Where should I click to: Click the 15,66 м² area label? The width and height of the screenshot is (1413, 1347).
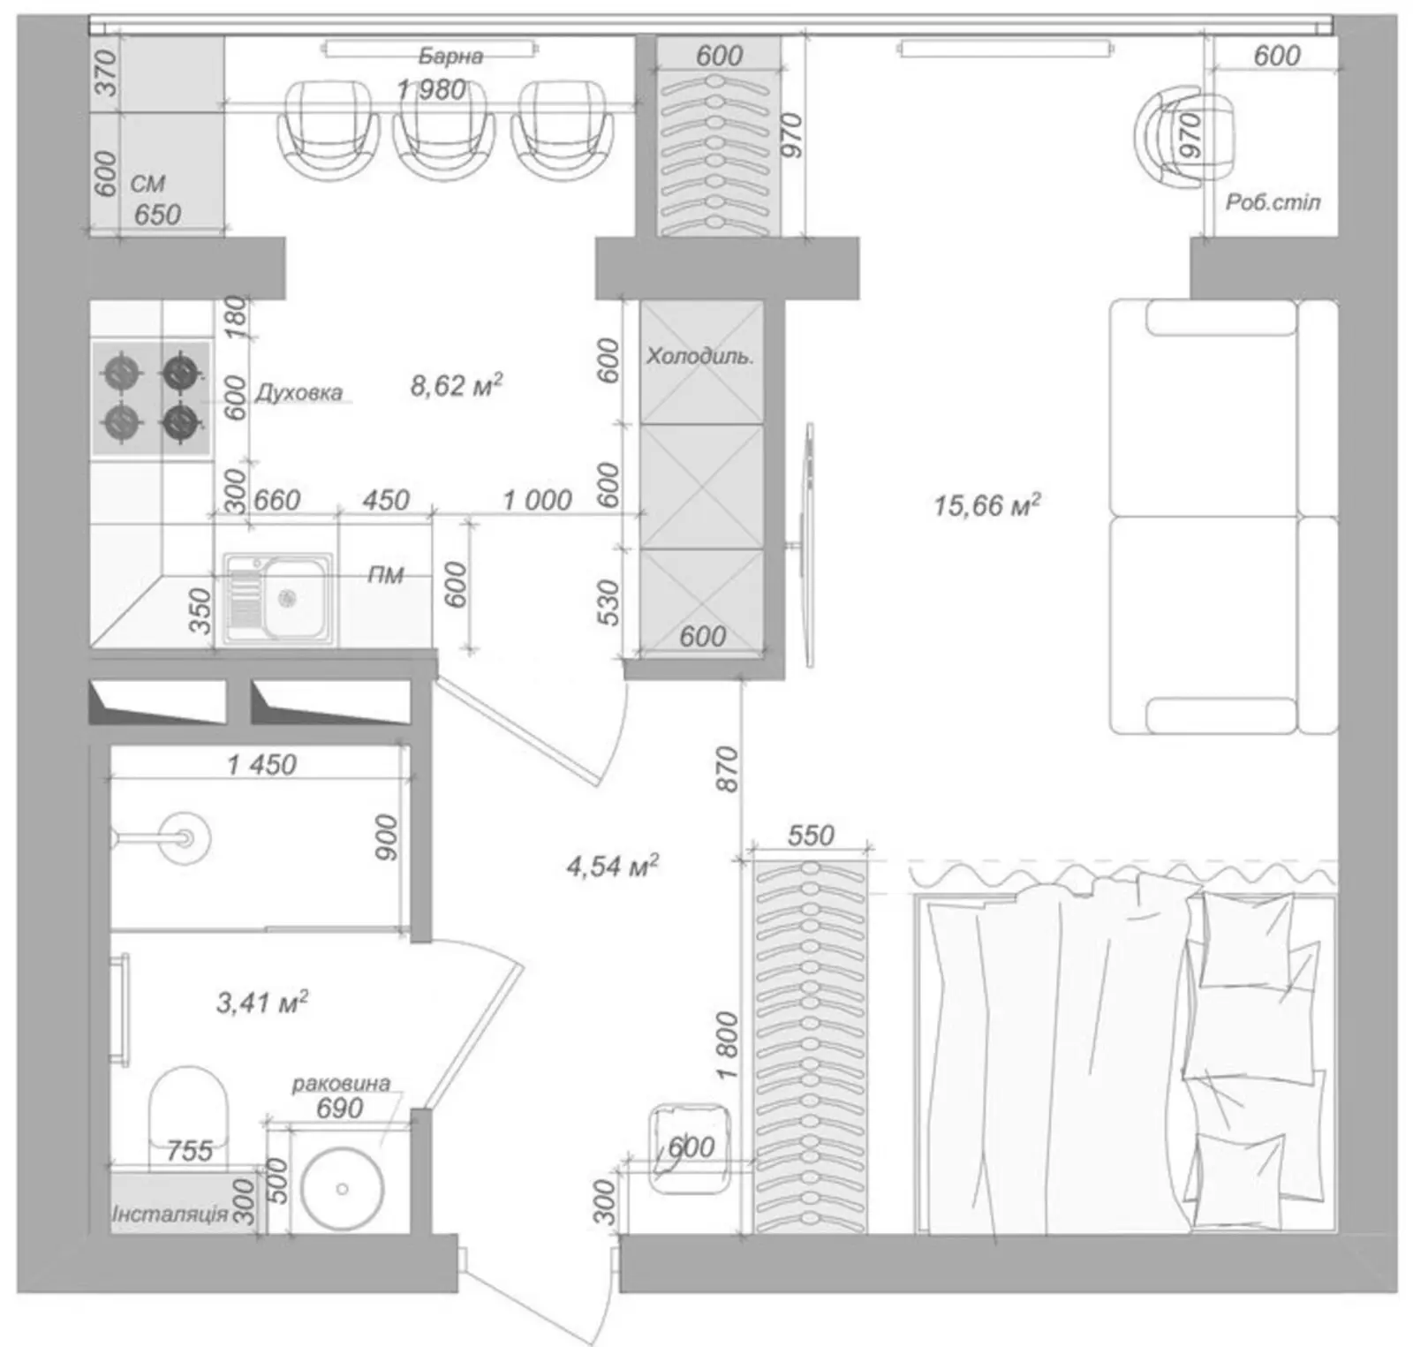pos(986,505)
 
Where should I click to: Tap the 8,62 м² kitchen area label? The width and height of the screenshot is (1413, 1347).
pos(456,386)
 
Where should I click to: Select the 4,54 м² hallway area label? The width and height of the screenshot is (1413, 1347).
pos(612,866)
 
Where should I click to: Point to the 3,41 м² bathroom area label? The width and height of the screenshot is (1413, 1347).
pos(261,1002)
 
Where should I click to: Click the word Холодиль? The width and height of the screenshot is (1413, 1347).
pos(699,357)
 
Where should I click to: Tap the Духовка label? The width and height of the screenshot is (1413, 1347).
pos(298,393)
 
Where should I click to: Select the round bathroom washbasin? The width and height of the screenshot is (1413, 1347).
pos(342,1189)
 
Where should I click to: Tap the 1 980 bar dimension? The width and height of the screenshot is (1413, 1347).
pos(431,89)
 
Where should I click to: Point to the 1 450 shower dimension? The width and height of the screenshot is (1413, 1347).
pos(261,764)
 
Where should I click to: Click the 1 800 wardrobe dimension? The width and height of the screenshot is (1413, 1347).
pos(727,1045)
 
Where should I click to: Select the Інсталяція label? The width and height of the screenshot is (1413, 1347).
pos(170,1215)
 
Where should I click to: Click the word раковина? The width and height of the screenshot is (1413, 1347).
pos(341,1084)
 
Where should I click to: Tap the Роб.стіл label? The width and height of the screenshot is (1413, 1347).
pos(1273,202)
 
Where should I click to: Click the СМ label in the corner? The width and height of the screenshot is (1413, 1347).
pos(147,184)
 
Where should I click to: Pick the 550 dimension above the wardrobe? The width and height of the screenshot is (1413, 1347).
pos(810,835)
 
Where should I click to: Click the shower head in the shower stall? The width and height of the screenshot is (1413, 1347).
pos(185,836)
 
